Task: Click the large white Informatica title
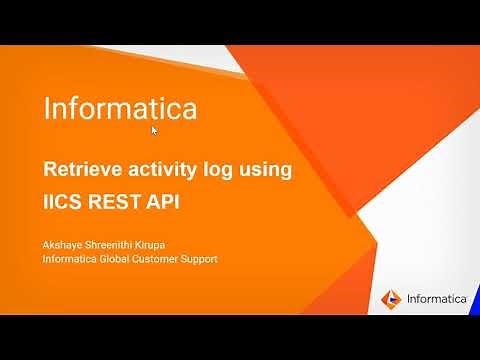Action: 119,107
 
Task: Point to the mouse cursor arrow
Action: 155,131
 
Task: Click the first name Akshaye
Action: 66,243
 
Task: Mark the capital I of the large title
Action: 47,107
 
